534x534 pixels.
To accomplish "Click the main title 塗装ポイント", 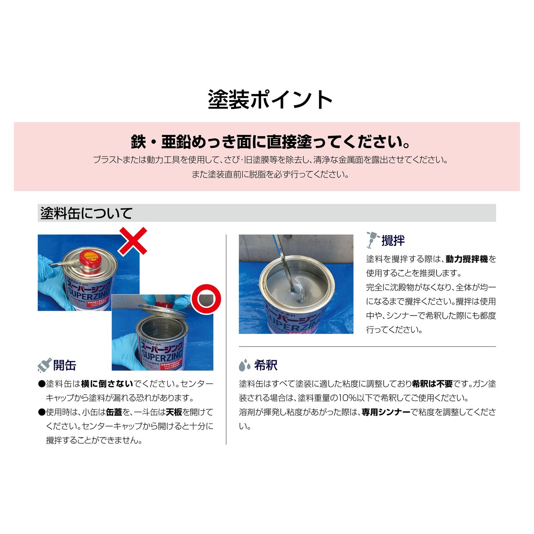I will pos(270,100).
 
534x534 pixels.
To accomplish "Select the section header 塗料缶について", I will pos(86,213).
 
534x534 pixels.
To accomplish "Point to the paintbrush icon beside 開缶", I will pos(44,365).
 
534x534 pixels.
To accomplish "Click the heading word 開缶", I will pos(65,365).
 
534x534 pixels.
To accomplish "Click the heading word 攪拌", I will pos(393,240).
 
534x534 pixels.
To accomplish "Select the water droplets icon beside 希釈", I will pos(245,365).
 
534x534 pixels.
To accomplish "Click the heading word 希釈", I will pos(266,365).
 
